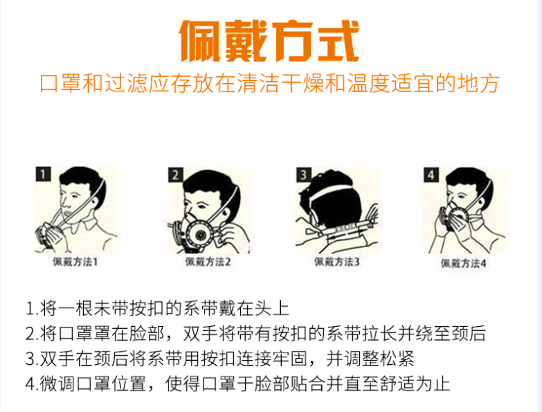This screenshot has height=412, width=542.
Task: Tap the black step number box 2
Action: point(177,175)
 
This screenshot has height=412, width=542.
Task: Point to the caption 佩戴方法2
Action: point(208,262)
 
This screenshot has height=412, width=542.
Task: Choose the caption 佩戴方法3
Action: point(337,262)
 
